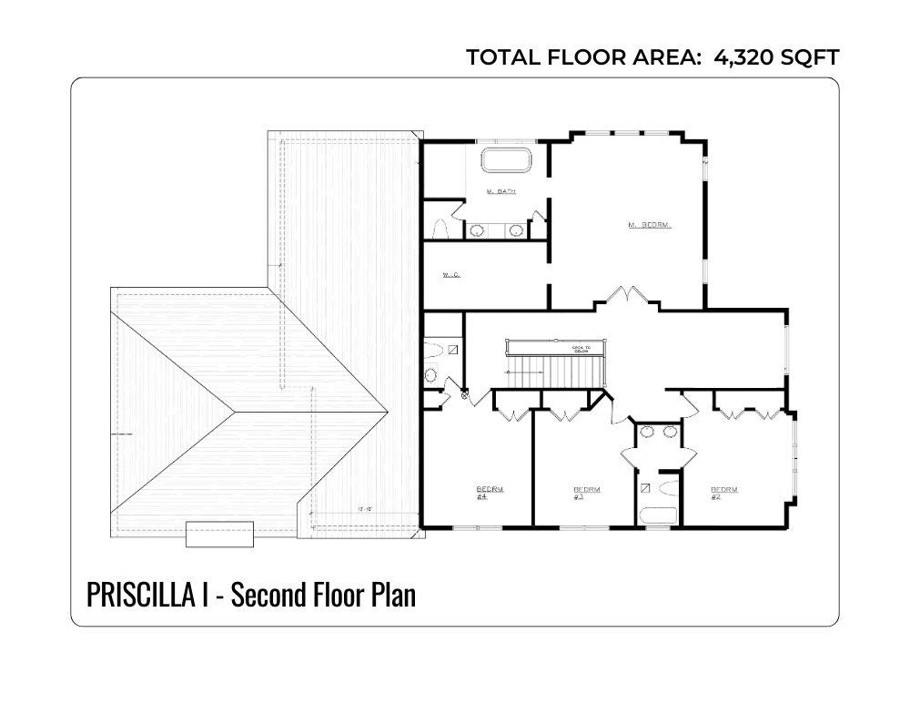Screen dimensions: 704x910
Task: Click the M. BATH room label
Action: [x=501, y=191]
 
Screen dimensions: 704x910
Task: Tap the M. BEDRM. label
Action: [x=650, y=224]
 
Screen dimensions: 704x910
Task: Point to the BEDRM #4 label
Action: [x=482, y=493]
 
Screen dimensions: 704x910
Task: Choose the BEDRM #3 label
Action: [x=579, y=493]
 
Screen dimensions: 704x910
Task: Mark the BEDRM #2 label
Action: [x=723, y=493]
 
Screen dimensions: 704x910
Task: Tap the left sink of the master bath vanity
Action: [x=477, y=231]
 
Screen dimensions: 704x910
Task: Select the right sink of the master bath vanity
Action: [x=517, y=231]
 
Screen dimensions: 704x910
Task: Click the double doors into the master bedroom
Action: [x=629, y=297]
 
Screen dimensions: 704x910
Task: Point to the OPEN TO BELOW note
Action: [x=581, y=349]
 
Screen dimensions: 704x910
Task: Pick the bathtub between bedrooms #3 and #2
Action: [x=658, y=515]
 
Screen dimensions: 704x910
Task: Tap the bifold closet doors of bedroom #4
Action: [x=515, y=415]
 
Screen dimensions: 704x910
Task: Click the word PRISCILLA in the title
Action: [x=146, y=595]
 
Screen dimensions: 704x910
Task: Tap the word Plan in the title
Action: [x=394, y=595]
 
